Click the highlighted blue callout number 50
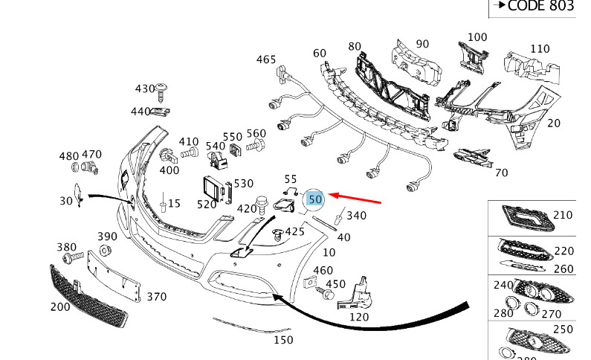pyautogui.click(x=315, y=199)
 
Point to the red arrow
pyautogui.click(x=355, y=199)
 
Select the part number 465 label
pyautogui.click(x=266, y=60)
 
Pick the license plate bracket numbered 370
pyautogui.click(x=114, y=276)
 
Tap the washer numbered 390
pyautogui.click(x=105, y=250)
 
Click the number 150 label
pyautogui.click(x=283, y=340)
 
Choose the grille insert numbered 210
pyautogui.click(x=528, y=218)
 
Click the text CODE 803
pyautogui.click(x=541, y=6)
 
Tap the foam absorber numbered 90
pyautogui.click(x=416, y=62)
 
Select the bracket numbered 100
pyautogui.click(x=473, y=58)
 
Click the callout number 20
pyautogui.click(x=554, y=123)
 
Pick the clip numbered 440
pyautogui.click(x=160, y=112)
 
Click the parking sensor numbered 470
pyautogui.click(x=90, y=167)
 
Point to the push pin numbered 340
pyautogui.click(x=340, y=216)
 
